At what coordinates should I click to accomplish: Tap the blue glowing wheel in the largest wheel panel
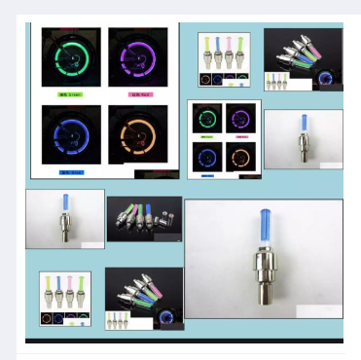point(71,133)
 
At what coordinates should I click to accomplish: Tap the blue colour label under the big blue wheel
point(71,172)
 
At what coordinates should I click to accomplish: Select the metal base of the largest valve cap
point(263,282)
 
